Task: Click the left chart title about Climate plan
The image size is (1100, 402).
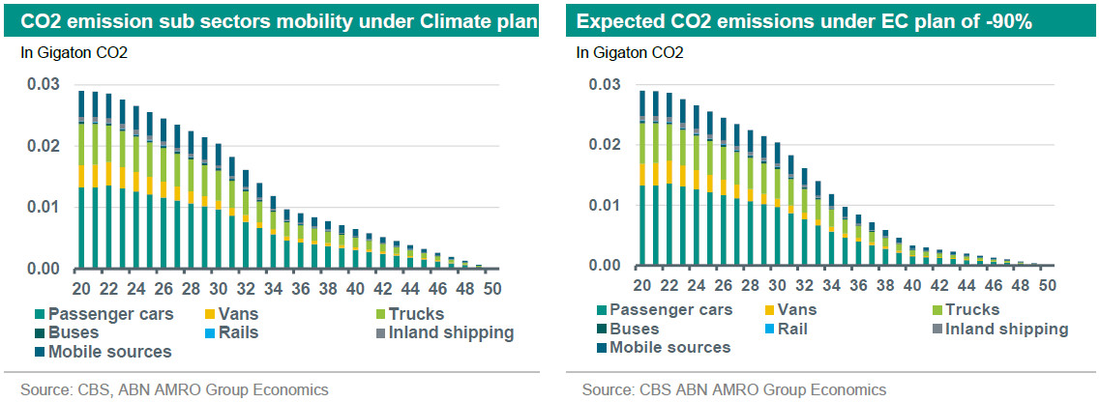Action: [277, 19]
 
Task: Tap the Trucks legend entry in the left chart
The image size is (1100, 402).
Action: [412, 314]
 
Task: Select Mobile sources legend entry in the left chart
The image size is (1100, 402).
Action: [109, 352]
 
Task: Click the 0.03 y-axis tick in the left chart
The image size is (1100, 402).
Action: [42, 85]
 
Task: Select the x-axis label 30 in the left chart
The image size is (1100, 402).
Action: [218, 288]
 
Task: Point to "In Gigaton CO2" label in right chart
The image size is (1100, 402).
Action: [630, 53]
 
